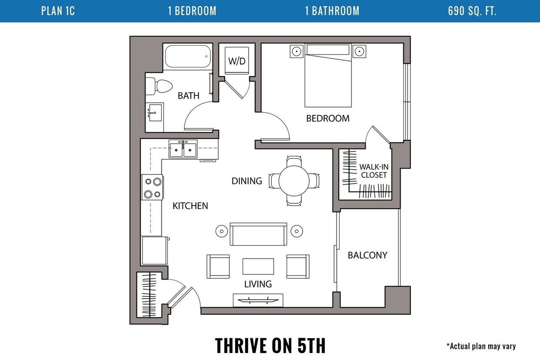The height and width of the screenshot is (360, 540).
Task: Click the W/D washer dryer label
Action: coord(237,61)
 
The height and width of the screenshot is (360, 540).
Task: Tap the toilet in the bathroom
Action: coord(159,86)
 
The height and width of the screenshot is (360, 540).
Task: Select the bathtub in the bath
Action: coord(187,56)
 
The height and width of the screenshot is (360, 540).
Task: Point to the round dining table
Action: coord(294,180)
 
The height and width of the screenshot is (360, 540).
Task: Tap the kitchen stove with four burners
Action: coord(152,188)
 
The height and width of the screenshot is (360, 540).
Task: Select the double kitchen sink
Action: coord(183,149)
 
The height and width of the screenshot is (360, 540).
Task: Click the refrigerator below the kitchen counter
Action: coord(154,250)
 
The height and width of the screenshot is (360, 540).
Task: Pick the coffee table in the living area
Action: coord(258,266)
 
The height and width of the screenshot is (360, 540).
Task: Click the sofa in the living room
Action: coord(258,234)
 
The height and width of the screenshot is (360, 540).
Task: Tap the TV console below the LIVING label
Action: coord(258,300)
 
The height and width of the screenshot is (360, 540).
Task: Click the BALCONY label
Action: coord(367,255)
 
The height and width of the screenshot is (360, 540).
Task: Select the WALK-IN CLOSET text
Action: coord(373,171)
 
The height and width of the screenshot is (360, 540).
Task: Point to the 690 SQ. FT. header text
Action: coord(472,11)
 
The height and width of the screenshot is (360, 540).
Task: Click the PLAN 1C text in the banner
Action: coord(58,11)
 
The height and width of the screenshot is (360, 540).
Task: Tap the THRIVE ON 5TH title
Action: coord(270,345)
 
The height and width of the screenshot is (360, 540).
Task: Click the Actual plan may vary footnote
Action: coord(481,347)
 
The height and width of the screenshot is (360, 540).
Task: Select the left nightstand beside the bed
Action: coord(296,51)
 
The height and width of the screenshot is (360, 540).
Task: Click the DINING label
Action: coord(246,181)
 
